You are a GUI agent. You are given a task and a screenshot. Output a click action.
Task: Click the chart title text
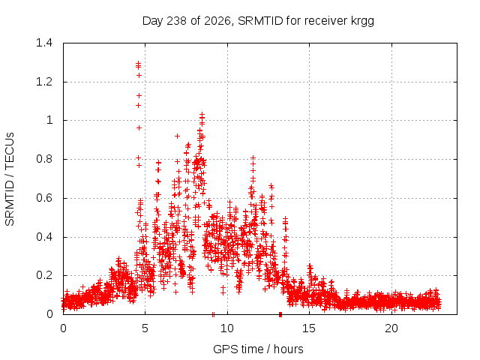(258, 21)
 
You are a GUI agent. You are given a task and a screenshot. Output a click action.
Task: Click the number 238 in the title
(177, 21)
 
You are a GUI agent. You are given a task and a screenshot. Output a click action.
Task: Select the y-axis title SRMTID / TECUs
(10, 179)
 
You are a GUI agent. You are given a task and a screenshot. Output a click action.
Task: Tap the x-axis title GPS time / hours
(258, 349)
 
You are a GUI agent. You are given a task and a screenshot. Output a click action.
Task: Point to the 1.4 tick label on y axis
(44, 43)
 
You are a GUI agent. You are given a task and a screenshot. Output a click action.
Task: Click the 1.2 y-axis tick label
(44, 82)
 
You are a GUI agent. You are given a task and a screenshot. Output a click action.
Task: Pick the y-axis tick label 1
(49, 120)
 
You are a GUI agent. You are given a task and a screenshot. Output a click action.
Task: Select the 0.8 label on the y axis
(44, 159)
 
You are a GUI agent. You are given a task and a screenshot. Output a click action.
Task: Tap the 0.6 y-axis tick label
(44, 198)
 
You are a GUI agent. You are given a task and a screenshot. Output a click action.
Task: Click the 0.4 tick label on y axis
(44, 237)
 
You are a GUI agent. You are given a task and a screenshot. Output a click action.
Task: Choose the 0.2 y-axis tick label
(44, 275)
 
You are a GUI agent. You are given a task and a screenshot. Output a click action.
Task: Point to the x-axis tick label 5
(145, 328)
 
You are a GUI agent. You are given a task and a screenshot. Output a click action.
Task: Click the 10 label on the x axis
(227, 328)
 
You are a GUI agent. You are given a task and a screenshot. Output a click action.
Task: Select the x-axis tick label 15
(309, 328)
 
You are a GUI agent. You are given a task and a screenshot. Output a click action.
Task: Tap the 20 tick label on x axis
(391, 328)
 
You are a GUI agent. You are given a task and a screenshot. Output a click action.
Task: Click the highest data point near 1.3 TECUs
(138, 63)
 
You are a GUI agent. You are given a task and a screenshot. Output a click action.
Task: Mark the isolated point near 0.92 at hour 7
(177, 136)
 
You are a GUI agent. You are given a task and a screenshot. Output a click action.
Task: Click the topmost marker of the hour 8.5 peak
(202, 115)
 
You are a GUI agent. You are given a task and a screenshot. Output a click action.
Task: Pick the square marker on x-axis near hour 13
(280, 315)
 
